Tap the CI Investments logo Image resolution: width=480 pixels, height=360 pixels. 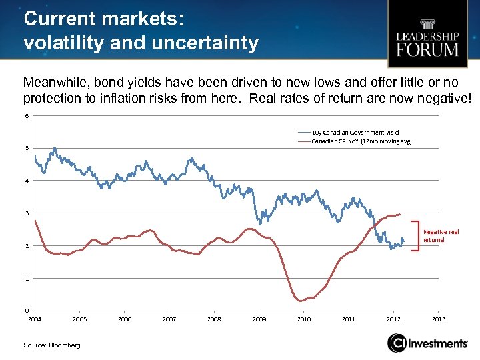point(427,343)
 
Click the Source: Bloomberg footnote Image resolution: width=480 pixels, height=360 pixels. point(51,345)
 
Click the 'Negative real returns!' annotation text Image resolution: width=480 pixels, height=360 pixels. point(441,235)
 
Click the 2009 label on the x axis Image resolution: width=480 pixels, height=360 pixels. point(259,319)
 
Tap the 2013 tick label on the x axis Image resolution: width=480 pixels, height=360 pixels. point(439,319)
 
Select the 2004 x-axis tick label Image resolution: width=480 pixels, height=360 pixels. point(35,319)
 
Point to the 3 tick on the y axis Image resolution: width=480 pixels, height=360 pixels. point(26,213)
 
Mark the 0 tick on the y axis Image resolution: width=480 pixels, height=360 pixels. point(26,311)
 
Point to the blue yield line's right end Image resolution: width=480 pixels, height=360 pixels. point(403,241)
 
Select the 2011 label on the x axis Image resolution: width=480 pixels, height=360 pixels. point(349,319)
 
